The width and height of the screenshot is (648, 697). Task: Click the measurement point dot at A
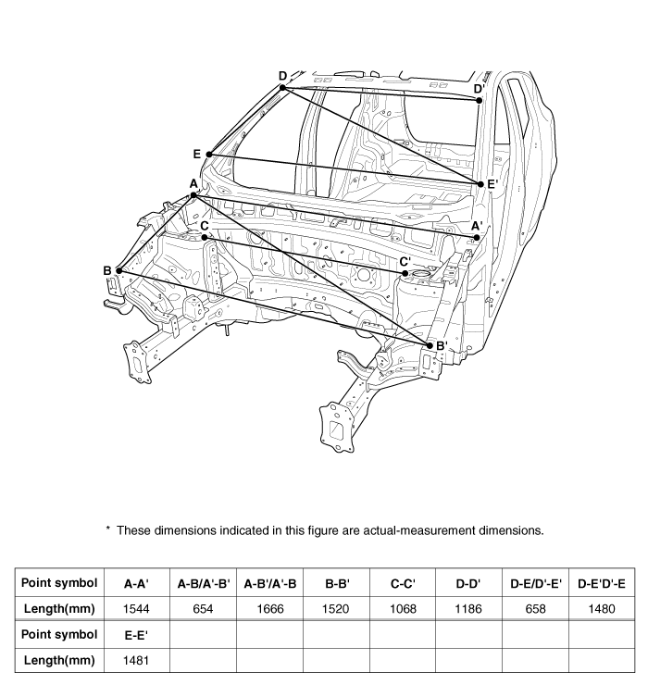[193, 194]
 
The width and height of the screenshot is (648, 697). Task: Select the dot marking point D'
[479, 100]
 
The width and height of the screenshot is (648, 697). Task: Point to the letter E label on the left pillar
[196, 153]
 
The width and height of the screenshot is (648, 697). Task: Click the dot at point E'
[480, 184]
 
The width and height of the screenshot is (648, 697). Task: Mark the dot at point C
[205, 237]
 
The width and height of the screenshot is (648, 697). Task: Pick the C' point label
[405, 262]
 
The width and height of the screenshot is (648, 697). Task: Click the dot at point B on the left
[118, 270]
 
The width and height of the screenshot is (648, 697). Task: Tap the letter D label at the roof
[282, 76]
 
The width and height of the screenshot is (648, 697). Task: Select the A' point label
[477, 225]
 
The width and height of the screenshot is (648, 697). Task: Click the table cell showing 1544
[136, 608]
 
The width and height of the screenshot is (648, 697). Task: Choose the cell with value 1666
[269, 608]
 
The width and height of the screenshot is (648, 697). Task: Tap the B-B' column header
[336, 583]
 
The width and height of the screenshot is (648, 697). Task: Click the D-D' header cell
[468, 583]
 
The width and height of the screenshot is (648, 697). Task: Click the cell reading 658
[535, 608]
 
